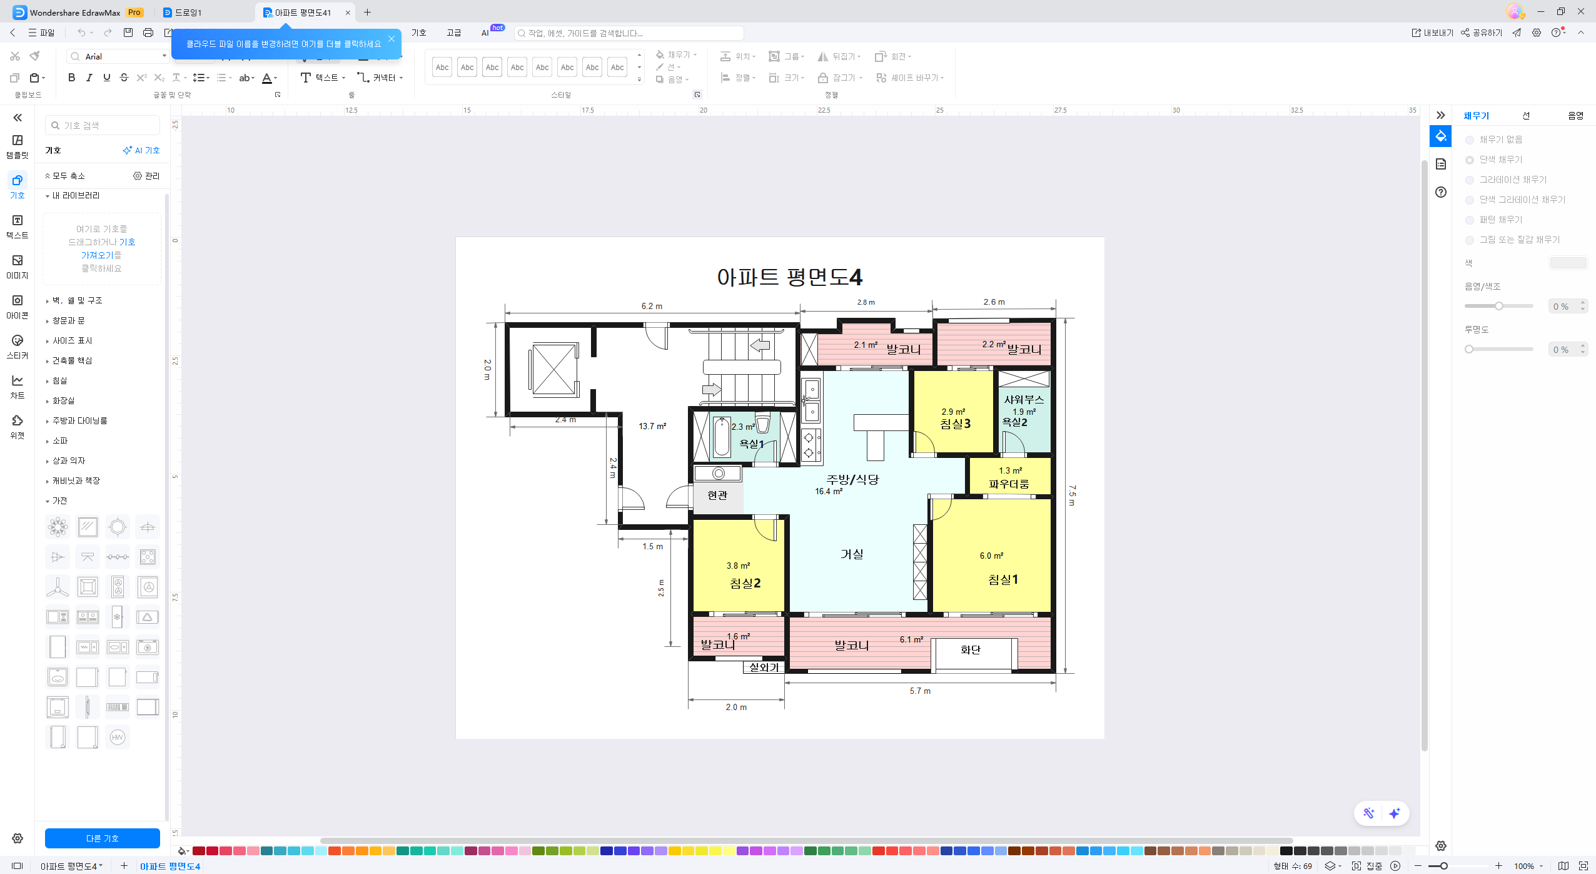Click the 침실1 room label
tap(1003, 580)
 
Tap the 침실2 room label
tap(745, 584)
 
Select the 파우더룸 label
tap(1009, 484)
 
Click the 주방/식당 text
tap(852, 480)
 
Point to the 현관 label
tap(717, 495)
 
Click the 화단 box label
tap(970, 650)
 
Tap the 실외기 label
tap(764, 668)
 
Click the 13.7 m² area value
tap(652, 426)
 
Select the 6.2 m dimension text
tap(652, 306)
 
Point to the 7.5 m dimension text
tap(1072, 495)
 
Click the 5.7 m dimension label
tap(920, 691)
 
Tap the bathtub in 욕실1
tap(722, 438)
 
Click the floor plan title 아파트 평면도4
tap(789, 277)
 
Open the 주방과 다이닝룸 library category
tap(79, 421)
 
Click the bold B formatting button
tap(71, 78)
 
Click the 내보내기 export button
tap(1432, 33)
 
